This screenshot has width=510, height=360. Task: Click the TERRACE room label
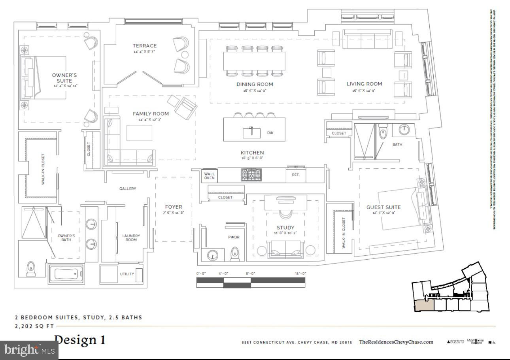144,46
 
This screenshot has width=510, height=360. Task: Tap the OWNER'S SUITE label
64,78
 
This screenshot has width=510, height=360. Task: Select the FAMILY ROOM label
151,114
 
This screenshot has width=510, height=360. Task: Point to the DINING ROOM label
255,84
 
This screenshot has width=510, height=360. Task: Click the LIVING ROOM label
364,84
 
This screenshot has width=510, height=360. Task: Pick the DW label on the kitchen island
270,133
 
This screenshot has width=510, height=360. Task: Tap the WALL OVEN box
210,175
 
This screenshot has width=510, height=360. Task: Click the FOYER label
174,207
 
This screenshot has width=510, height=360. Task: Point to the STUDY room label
285,228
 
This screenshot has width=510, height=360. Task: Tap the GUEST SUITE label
383,207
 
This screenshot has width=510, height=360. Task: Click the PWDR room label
234,237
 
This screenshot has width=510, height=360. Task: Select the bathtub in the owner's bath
66,274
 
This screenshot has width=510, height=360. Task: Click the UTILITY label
127,274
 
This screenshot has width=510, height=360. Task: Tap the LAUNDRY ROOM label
131,238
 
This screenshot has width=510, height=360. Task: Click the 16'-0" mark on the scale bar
300,273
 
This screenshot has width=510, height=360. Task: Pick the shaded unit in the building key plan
423,305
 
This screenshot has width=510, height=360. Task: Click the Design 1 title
80,340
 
